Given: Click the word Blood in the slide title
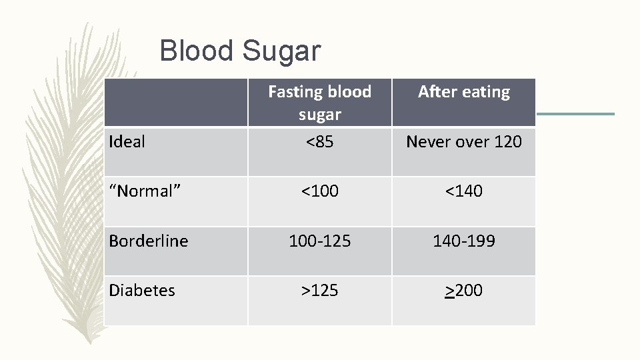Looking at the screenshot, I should click(197, 51).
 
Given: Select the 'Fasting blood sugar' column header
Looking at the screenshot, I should click(319, 102).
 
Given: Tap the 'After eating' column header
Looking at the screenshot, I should click(463, 92).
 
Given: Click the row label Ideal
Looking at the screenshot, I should click(127, 141).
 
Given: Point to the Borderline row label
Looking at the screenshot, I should click(148, 241).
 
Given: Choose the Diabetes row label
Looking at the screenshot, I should click(141, 291).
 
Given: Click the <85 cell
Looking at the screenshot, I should click(319, 141).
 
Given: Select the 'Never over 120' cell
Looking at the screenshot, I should click(463, 141).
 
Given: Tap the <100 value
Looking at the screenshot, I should click(319, 191).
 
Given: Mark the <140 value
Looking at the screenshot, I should click(463, 191).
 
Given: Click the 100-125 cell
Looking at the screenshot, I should click(319, 241).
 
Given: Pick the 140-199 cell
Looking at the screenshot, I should click(463, 241).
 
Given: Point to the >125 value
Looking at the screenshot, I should click(319, 291).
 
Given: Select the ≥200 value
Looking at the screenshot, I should click(463, 291).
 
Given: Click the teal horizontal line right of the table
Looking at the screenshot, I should click(575, 114).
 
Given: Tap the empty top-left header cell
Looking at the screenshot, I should click(176, 102).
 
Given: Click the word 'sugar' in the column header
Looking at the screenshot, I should click(319, 115).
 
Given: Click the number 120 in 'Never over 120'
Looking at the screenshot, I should click(507, 141).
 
